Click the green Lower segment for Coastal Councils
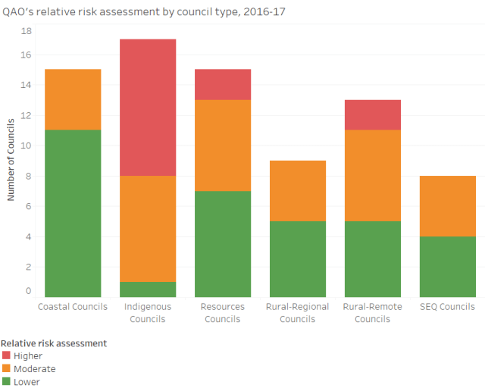[x=73, y=213]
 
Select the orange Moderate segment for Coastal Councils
[x=73, y=99]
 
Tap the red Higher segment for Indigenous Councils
[x=148, y=107]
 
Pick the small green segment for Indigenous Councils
[x=148, y=289]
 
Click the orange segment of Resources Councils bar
[x=223, y=145]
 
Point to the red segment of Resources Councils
[x=223, y=84]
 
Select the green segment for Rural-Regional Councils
[x=298, y=258]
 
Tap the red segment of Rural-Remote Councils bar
[x=373, y=114]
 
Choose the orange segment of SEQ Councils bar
[x=448, y=205]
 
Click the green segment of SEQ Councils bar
[x=448, y=266]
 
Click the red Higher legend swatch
[x=7, y=355]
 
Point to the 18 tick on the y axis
[x=27, y=31]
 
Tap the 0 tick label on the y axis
[x=29, y=291]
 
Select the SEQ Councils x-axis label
[x=448, y=307]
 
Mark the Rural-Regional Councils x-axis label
[x=298, y=312]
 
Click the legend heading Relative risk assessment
[x=54, y=343]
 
